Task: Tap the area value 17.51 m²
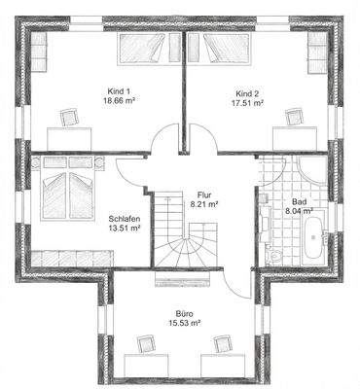248,102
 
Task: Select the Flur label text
203,194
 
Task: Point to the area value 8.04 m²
299,209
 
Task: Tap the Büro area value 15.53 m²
184,325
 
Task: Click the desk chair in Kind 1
69,117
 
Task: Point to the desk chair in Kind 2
290,117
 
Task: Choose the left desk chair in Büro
146,343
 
